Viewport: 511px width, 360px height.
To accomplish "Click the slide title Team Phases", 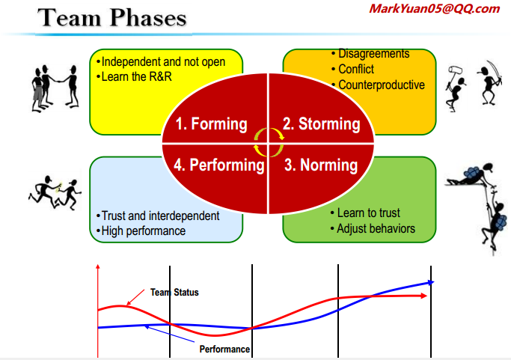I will (112, 18).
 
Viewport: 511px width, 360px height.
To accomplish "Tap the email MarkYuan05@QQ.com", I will (435, 9).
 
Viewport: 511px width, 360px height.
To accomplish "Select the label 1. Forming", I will (211, 124).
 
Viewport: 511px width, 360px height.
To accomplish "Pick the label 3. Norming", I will (323, 165).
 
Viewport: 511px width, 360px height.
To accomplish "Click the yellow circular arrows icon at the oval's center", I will (268, 141).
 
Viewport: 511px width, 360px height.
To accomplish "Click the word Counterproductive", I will (381, 85).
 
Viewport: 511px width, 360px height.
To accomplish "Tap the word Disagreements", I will (373, 54).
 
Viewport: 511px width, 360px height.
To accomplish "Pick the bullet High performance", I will (143, 231).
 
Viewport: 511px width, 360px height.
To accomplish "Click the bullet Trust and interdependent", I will (160, 216).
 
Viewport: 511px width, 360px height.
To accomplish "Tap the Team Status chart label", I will (174, 292).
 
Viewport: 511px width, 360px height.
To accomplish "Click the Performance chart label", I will (224, 349).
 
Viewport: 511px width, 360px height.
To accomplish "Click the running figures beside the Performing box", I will (58, 192).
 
